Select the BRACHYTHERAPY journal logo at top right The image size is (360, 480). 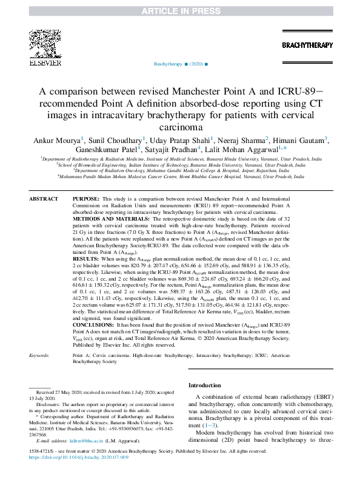(x=307, y=45)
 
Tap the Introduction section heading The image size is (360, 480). (x=205, y=385)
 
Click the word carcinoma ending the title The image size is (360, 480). (x=179, y=127)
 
